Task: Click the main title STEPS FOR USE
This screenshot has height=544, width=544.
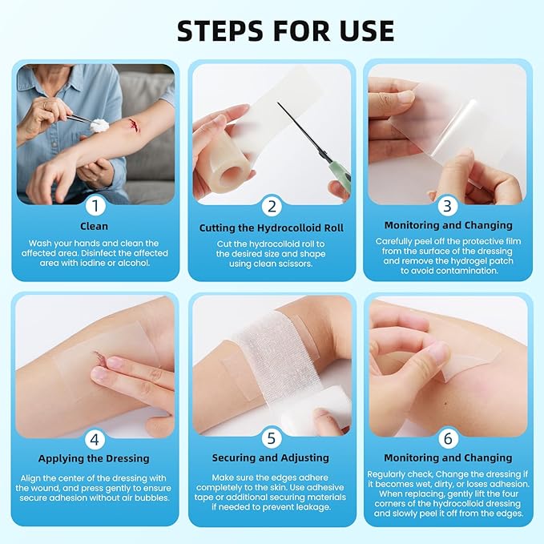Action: (x=285, y=30)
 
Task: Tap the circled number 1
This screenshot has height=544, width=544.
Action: (x=95, y=206)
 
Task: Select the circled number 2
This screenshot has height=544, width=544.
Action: (x=272, y=206)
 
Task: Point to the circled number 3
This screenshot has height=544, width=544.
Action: (x=448, y=206)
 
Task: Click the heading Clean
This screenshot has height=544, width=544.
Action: (x=95, y=227)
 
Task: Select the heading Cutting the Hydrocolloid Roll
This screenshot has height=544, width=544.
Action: (x=271, y=228)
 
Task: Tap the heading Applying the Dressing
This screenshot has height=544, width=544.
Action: (x=95, y=459)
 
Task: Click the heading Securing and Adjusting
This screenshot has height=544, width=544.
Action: (x=271, y=458)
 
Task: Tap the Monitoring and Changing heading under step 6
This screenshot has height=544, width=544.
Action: (x=448, y=458)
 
